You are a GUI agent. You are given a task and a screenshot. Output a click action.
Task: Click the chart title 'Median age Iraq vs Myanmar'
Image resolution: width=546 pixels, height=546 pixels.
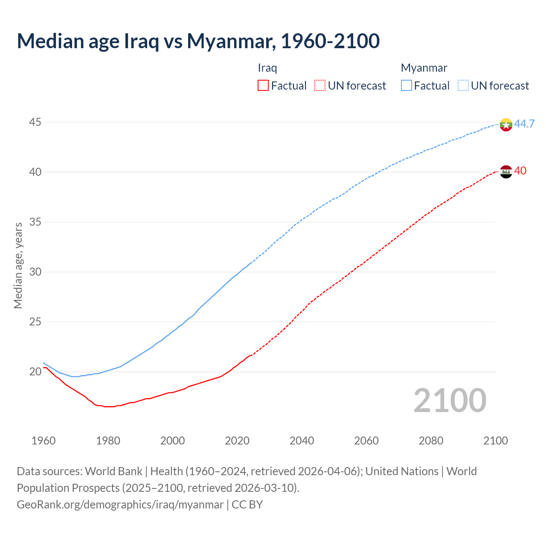click(198, 41)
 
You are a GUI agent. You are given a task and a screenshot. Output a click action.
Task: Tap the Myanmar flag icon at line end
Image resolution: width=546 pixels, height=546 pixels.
click(505, 125)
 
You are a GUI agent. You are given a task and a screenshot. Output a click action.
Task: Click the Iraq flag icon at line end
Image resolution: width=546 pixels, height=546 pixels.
click(505, 171)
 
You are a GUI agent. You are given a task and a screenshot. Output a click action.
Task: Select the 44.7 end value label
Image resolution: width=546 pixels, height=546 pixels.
click(524, 124)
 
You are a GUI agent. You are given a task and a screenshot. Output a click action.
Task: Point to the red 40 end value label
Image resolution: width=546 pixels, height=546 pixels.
click(520, 171)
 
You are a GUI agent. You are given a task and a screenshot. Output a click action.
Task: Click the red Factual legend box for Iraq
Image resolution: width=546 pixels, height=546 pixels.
click(263, 86)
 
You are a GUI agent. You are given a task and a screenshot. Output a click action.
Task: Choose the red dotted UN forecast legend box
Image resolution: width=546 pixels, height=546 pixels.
click(320, 86)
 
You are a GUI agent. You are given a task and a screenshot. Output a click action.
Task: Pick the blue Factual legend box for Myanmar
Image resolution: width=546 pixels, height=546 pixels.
click(407, 86)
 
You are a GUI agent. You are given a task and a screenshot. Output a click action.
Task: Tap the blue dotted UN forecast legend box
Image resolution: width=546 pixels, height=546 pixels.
click(463, 86)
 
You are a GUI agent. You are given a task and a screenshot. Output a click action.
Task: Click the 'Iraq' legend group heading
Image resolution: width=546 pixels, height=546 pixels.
click(267, 68)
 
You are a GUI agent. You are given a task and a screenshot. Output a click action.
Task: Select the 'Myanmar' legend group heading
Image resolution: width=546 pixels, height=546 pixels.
click(424, 68)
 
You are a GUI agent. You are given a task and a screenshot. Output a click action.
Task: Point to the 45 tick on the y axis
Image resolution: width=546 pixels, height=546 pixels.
click(35, 122)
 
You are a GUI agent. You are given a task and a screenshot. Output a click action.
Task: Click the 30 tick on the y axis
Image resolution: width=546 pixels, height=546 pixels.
click(35, 272)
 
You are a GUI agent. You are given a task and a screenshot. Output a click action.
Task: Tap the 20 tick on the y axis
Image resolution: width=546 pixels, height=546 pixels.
click(35, 372)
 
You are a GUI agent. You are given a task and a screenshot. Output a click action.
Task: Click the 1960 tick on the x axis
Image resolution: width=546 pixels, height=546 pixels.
click(44, 441)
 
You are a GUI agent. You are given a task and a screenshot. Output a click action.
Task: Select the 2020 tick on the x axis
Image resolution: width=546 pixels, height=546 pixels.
click(237, 441)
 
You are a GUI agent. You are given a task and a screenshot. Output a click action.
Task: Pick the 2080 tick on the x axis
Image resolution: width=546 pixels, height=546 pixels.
click(431, 441)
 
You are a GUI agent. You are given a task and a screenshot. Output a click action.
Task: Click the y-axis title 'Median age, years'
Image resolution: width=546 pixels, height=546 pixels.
click(18, 265)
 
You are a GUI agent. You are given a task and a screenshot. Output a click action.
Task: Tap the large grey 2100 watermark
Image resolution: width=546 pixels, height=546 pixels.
click(450, 400)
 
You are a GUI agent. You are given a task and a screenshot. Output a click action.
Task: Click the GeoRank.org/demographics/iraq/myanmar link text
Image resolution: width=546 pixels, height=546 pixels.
click(120, 505)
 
